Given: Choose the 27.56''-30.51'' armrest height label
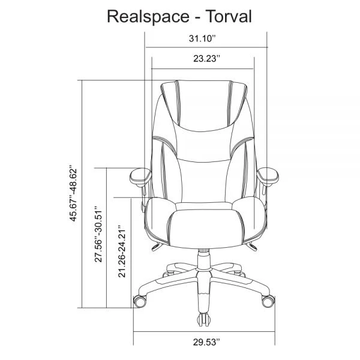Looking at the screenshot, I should tap(100, 235).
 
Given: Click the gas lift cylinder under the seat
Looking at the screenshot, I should tap(203, 257).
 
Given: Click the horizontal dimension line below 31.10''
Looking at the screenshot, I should tap(205, 47).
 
